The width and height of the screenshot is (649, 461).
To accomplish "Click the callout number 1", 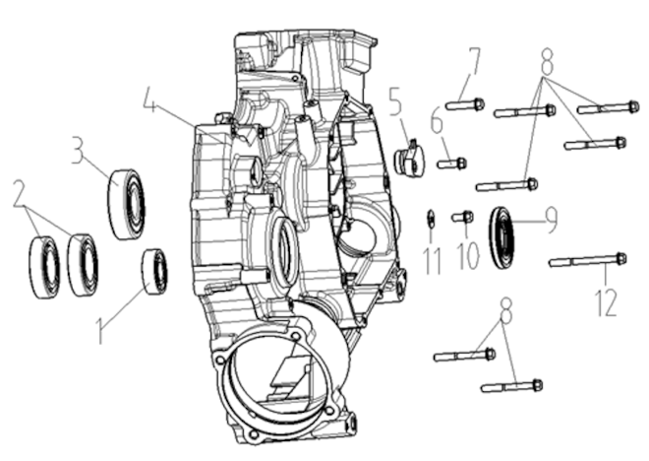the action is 99,330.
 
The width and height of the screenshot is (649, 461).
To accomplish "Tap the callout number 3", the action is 78,150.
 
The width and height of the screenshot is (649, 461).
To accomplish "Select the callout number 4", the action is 150,99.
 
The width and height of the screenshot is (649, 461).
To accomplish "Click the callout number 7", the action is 475,61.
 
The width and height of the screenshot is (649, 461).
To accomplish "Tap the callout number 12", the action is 606,301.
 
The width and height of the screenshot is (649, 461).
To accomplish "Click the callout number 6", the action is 437,120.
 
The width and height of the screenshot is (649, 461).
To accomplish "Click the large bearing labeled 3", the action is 127,204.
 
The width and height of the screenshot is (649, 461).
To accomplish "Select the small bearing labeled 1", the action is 154,272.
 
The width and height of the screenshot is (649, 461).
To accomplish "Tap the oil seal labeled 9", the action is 501,236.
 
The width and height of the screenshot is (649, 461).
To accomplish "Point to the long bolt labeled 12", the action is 588,260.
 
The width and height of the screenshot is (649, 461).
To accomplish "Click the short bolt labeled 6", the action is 452,164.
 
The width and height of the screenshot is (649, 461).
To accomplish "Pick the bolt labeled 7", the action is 465,104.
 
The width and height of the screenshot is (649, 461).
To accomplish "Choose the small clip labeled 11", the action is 431,218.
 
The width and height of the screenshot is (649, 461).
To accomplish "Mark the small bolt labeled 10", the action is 462,217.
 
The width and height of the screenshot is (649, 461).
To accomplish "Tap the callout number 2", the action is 19,193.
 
